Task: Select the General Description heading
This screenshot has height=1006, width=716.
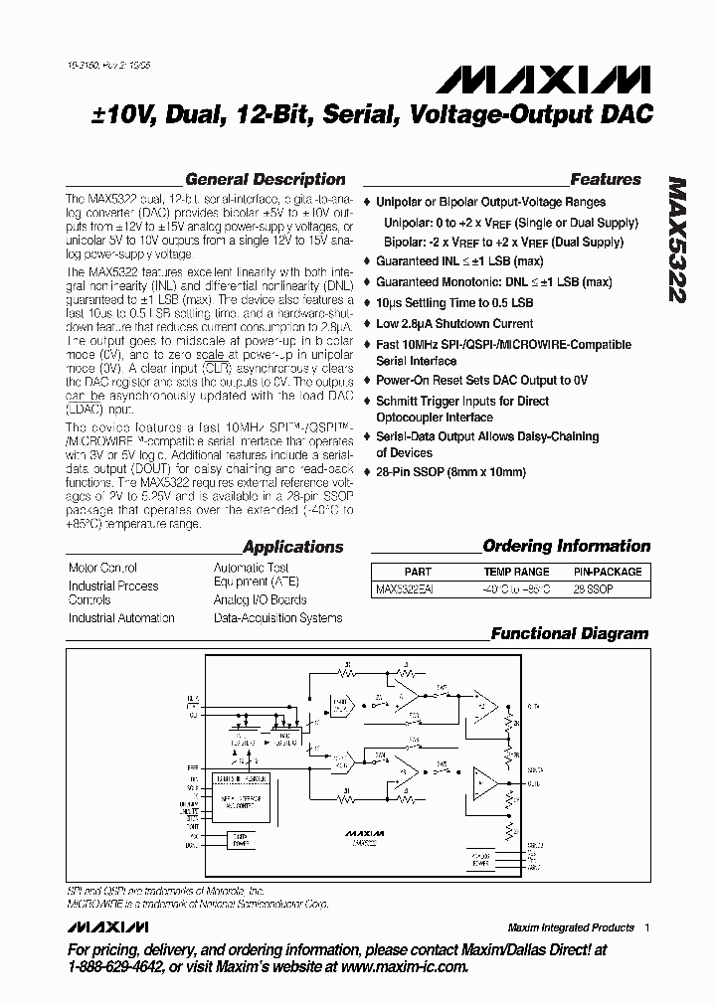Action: (x=266, y=180)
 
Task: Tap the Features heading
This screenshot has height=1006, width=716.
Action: (x=606, y=180)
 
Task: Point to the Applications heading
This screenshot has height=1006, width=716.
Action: (x=292, y=547)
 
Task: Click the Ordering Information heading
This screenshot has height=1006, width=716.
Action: (x=566, y=546)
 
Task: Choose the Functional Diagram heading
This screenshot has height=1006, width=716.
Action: (x=569, y=633)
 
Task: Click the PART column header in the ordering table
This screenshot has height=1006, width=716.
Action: (x=418, y=572)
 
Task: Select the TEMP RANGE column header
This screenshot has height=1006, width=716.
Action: (x=516, y=572)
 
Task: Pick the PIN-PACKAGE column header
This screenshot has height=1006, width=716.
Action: (x=608, y=572)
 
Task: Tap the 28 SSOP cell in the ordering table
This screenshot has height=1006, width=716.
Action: (x=595, y=588)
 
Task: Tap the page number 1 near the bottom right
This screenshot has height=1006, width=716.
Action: (x=646, y=927)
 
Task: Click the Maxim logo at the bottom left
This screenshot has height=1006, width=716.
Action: (x=108, y=926)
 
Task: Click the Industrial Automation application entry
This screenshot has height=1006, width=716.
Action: (x=121, y=618)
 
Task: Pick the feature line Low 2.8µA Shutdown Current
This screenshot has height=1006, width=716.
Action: (x=454, y=323)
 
